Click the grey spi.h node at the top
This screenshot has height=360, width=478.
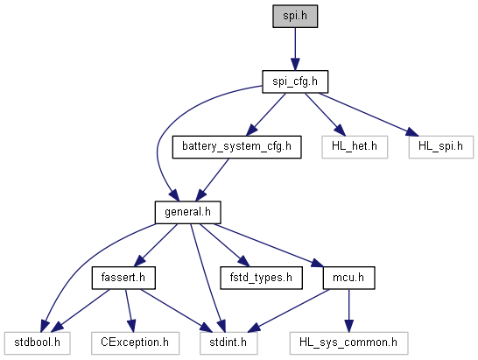(295, 16)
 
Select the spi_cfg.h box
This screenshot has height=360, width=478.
(295, 81)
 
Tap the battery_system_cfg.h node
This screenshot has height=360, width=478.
(237, 147)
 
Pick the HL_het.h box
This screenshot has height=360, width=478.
(355, 147)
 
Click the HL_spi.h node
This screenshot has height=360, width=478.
(441, 147)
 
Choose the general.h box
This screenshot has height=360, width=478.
(187, 212)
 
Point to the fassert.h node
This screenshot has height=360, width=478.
(123, 278)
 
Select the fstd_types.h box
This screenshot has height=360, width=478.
(261, 278)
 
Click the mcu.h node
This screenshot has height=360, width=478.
(348, 278)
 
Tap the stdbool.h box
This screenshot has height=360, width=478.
(37, 343)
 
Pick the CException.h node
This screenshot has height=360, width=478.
(135, 343)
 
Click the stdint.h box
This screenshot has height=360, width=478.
(228, 343)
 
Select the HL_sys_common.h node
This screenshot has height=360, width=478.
(348, 343)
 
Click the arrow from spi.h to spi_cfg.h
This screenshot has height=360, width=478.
(295, 49)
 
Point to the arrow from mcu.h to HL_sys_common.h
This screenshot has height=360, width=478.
(348, 311)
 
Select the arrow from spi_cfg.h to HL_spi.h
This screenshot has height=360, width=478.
(369, 115)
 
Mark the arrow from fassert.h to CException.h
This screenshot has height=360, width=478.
(130, 311)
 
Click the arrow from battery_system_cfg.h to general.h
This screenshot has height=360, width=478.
(213, 180)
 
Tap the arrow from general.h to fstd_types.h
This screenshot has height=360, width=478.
(224, 245)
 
